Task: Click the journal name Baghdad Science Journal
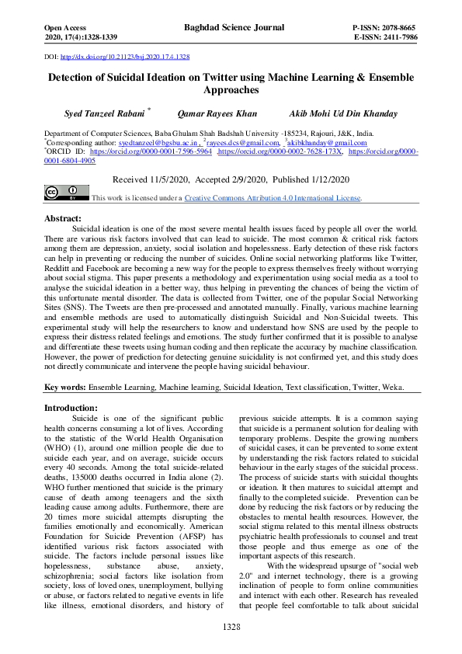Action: [x=234, y=27]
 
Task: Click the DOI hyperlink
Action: [x=125, y=57]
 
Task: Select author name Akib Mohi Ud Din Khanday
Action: [x=342, y=113]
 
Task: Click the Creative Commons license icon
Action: [x=61, y=192]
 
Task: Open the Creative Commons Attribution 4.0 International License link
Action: [x=272, y=198]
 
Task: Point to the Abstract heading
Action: [x=63, y=219]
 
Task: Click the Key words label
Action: [x=64, y=387]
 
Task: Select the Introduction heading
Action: [x=71, y=408]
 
